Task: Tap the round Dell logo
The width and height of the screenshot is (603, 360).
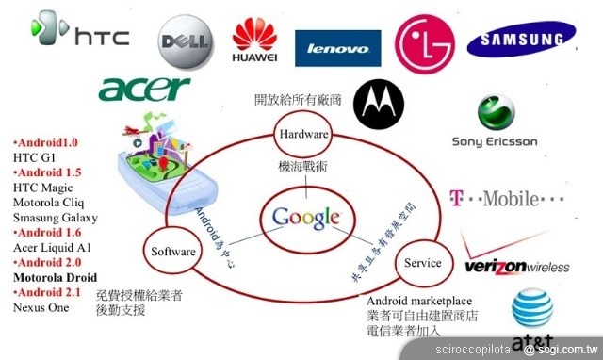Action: tap(185, 41)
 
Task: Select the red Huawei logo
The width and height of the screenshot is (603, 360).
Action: tap(253, 39)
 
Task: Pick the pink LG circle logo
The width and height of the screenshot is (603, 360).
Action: tap(424, 41)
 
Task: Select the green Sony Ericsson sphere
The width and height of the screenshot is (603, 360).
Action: tap(496, 113)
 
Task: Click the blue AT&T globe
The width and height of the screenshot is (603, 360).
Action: tap(530, 309)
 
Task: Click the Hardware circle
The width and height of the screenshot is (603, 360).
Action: tap(302, 135)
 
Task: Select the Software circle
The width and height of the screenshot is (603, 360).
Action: tap(173, 252)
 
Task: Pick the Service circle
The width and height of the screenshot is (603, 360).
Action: tap(422, 263)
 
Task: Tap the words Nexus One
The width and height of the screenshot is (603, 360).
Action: tap(41, 307)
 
